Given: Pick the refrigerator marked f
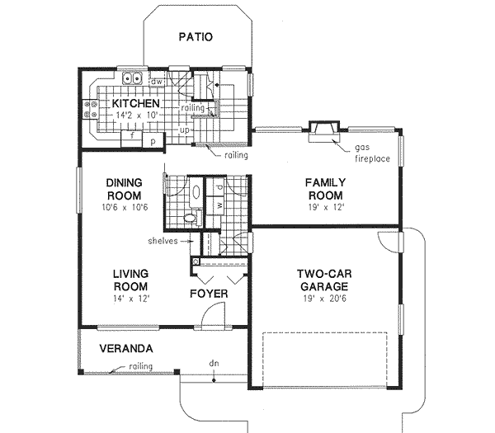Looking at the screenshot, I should pyautogui.click(x=131, y=136).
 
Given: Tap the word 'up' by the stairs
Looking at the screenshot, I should pyautogui.click(x=186, y=130).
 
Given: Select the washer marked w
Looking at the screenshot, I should pyautogui.click(x=219, y=204).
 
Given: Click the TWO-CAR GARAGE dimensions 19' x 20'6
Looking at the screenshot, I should pyautogui.click(x=323, y=299).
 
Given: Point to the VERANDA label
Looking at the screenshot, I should pyautogui.click(x=125, y=347).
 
